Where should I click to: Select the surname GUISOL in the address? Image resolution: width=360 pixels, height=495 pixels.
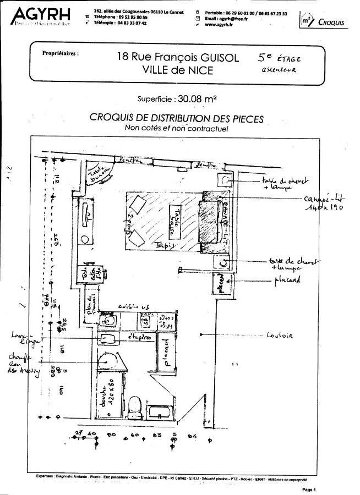(x=216, y=57)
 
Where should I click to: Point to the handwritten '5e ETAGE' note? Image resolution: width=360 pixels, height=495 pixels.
(x=279, y=57)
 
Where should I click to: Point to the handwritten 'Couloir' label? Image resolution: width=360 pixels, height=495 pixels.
(x=279, y=335)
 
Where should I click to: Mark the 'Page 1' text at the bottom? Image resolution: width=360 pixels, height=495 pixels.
(x=309, y=489)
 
